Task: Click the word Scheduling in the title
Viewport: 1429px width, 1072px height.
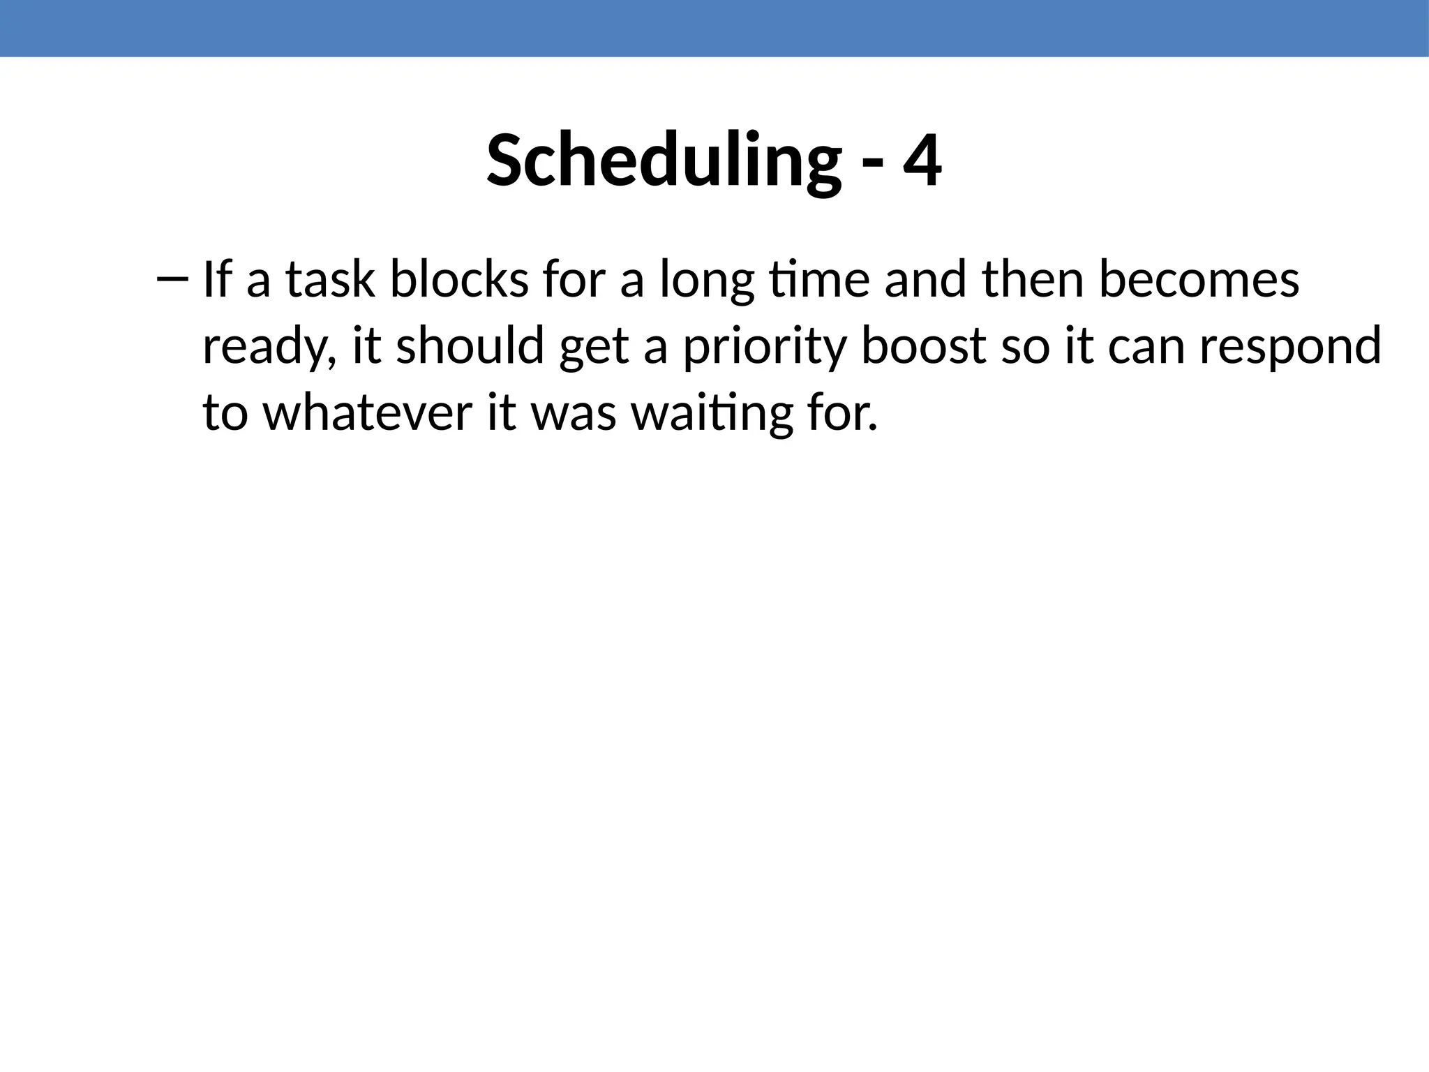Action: pos(664,161)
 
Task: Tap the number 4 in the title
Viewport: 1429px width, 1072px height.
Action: pos(922,161)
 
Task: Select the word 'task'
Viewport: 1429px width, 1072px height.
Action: pos(330,279)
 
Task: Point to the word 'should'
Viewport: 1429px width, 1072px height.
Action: pos(470,345)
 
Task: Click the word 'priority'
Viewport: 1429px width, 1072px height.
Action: pos(764,347)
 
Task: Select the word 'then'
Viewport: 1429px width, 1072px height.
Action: pos(1033,279)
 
